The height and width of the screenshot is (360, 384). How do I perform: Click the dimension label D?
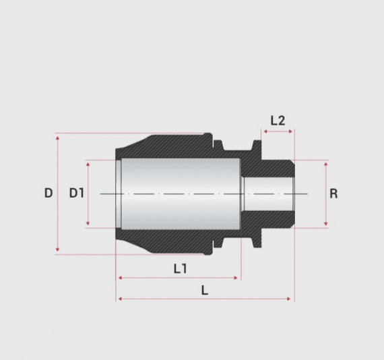pos(48,193)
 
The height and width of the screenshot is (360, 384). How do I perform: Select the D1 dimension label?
pos(76,193)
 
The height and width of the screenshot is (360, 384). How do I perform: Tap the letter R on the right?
pos(333,194)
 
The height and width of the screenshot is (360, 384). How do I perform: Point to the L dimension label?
pos(205,291)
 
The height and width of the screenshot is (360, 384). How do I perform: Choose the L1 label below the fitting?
pos(179,269)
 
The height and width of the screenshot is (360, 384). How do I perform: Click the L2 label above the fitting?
pos(278,121)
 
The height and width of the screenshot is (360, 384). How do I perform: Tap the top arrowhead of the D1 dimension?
pos(88,164)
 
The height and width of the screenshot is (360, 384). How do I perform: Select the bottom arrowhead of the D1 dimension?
pos(88,224)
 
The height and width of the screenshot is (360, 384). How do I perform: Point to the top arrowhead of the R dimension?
pos(326,164)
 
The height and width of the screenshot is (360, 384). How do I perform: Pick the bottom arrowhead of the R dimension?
pos(326,224)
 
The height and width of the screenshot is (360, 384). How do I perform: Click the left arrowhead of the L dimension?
pos(119,298)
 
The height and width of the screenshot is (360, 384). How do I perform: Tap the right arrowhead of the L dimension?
pos(290,298)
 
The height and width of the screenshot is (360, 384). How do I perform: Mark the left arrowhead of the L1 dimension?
pos(119,277)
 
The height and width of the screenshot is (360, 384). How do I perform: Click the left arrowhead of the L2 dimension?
pos(264,132)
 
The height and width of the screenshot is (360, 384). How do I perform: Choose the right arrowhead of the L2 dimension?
pos(290,132)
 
